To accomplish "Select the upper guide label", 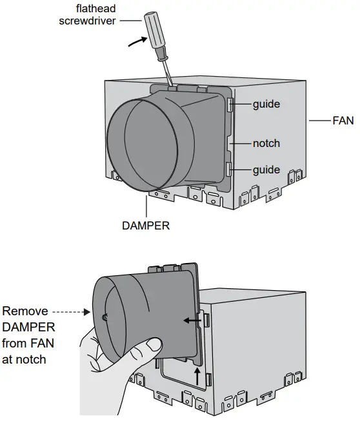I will [266, 103].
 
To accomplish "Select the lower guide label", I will [266, 170].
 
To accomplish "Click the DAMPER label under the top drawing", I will [145, 226].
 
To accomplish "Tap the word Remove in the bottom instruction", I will [25, 311].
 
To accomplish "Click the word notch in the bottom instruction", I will [30, 359].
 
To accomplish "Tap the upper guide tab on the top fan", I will [231, 104].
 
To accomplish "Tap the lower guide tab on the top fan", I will [230, 170].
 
